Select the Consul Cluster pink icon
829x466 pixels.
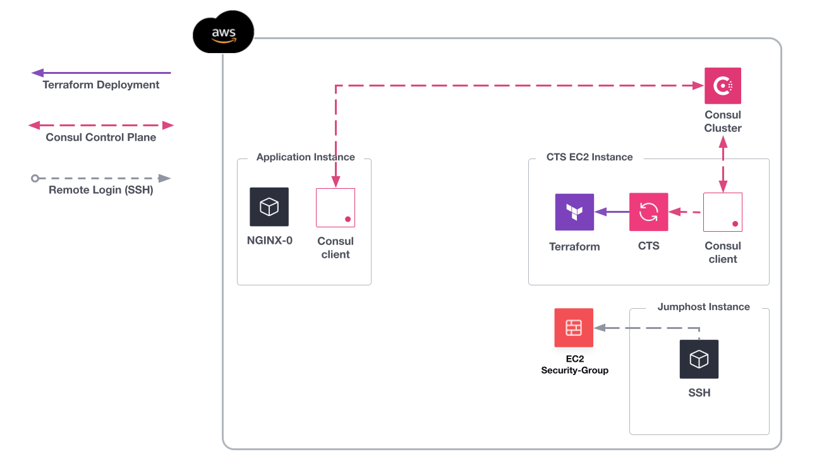coord(722,86)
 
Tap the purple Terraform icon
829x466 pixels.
coord(574,212)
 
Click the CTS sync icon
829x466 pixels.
coord(648,212)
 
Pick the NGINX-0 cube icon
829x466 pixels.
coord(269,207)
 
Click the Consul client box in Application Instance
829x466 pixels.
coord(336,208)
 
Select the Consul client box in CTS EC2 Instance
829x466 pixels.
coord(722,212)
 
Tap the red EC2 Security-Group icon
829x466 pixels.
coord(574,328)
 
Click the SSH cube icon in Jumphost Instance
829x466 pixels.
coord(699,359)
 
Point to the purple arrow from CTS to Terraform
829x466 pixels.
coord(612,212)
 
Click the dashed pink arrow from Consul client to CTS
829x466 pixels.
coord(685,212)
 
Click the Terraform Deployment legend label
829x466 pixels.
coord(101,85)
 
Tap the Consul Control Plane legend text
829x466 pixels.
coord(101,137)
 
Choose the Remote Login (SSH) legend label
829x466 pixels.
coord(101,189)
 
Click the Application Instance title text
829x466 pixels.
coord(305,157)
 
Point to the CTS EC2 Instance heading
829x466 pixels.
coord(590,157)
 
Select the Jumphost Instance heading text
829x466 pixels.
coord(703,307)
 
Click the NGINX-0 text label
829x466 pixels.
coord(269,241)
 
